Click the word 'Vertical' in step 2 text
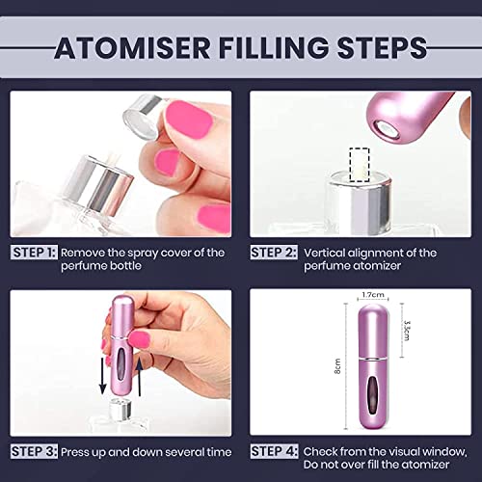click(x=327, y=253)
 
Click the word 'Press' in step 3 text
click(x=79, y=451)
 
